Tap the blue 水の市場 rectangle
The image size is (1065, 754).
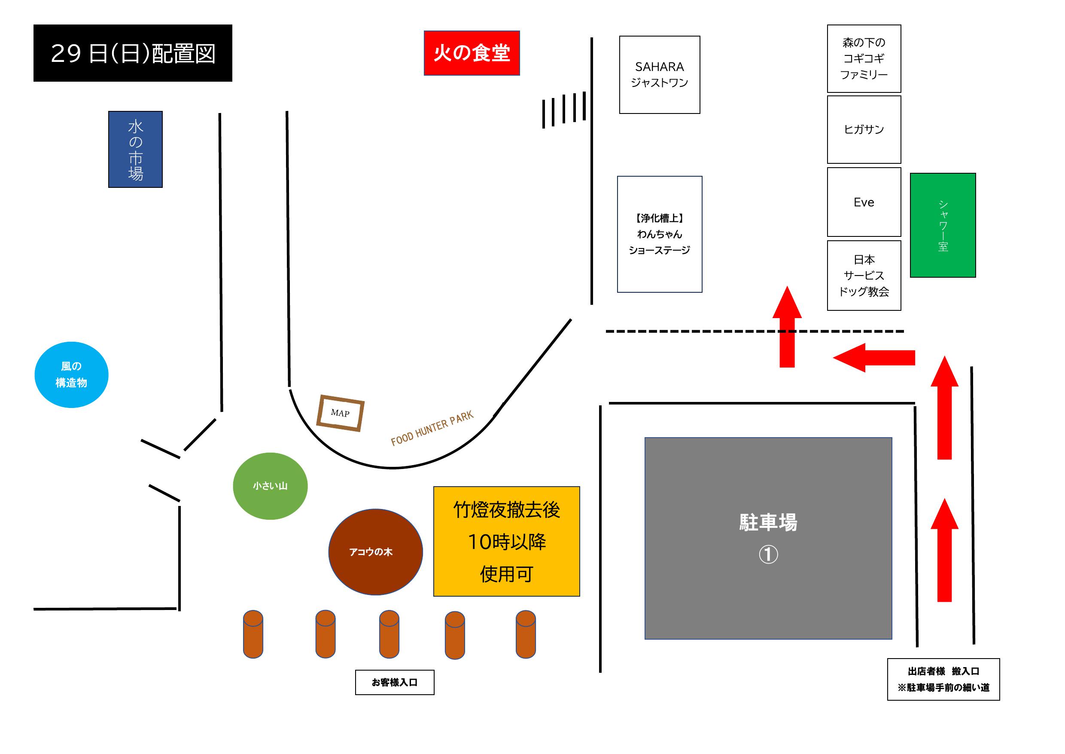135,150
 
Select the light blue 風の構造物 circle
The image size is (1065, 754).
71,375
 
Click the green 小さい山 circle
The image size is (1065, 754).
270,486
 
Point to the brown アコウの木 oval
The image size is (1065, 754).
375,552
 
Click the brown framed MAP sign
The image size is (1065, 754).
340,413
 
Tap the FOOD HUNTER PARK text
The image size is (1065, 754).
432,428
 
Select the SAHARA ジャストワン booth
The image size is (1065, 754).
659,75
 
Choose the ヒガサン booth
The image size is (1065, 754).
864,129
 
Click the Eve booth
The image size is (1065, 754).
864,202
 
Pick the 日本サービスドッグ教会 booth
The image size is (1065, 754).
864,275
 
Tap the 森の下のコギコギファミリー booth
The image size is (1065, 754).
864,58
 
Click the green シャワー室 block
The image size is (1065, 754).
943,225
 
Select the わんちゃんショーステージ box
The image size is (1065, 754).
659,234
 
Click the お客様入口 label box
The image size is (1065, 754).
394,682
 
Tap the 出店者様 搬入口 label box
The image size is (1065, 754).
943,679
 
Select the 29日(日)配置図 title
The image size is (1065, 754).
133,53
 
